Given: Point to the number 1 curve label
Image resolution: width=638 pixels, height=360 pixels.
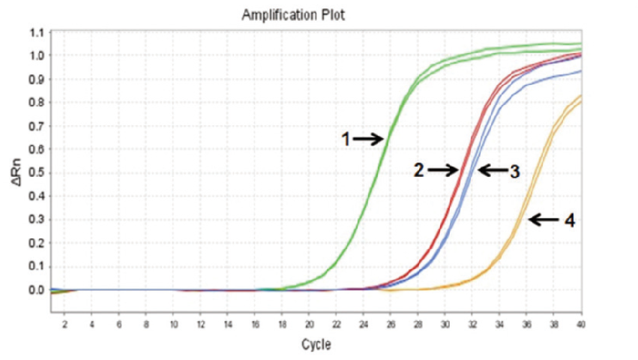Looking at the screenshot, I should pos(346,139).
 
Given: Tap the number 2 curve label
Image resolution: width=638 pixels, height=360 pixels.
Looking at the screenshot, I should pos(419,170).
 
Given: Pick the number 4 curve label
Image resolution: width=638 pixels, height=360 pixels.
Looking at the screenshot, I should pos(569,220).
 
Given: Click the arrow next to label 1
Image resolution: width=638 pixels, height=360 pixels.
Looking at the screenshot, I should pos(368,139).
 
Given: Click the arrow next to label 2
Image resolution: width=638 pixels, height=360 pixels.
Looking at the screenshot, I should pos(442,170).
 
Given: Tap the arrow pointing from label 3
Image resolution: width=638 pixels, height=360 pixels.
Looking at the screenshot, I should pos(493,170).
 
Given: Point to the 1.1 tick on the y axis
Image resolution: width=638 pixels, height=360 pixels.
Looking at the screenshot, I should pos(37,32).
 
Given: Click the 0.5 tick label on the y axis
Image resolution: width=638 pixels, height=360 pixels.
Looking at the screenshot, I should pos(37,173).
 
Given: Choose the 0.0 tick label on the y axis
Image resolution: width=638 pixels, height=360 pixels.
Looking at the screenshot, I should pos(37,290).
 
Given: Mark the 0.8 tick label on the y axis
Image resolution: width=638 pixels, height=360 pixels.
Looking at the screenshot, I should pos(37,103).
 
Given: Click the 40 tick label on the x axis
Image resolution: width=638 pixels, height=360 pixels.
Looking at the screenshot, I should pos(580,324).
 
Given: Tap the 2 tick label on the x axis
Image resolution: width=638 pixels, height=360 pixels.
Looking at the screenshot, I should pos(64,324).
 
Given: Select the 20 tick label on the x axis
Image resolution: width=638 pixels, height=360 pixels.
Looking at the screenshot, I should pos(309,324).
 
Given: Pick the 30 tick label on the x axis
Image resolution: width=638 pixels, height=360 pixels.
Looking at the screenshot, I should pos(445,324).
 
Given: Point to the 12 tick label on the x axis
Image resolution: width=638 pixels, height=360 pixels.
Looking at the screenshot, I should pos(200,324).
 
